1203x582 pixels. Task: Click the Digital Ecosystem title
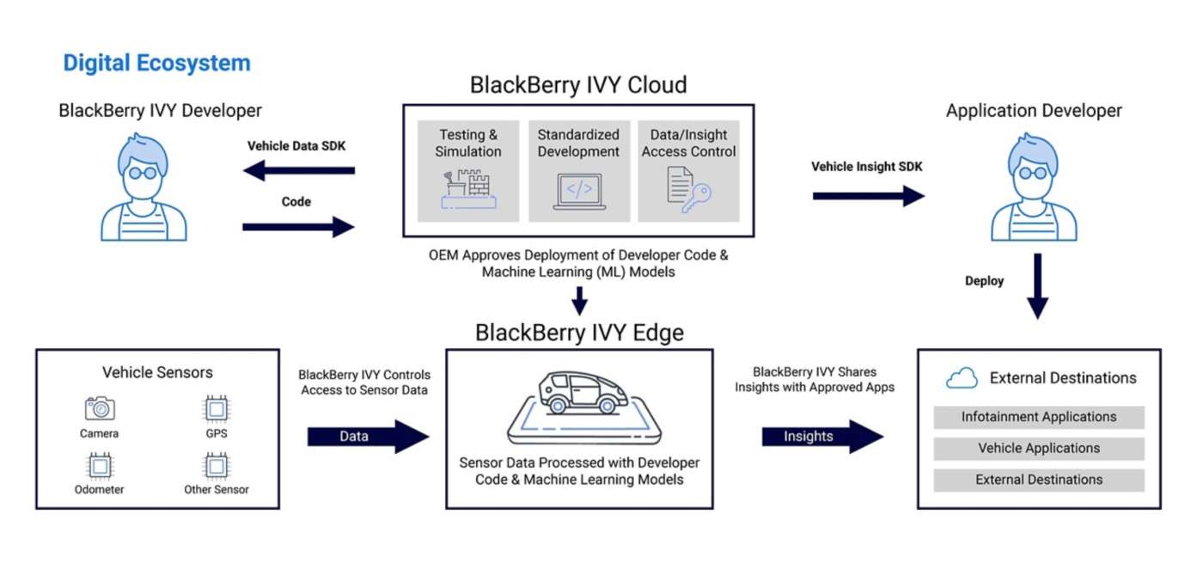pyautogui.click(x=156, y=63)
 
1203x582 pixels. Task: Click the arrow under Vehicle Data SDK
pyautogui.click(x=298, y=170)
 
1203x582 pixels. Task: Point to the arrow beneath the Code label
pyautogui.click(x=298, y=227)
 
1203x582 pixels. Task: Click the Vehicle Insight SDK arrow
pyautogui.click(x=868, y=196)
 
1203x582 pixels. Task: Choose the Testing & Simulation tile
pyautogui.click(x=468, y=171)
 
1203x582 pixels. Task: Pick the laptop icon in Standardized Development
pyautogui.click(x=579, y=192)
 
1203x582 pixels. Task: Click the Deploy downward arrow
pyautogui.click(x=1038, y=285)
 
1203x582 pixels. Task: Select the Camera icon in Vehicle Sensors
pyautogui.click(x=100, y=408)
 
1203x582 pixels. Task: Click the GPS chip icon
pyautogui.click(x=216, y=408)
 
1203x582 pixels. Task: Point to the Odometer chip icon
pyautogui.click(x=100, y=465)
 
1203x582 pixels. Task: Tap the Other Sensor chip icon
pyautogui.click(x=216, y=465)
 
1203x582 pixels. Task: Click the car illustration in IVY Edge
pyautogui.click(x=579, y=395)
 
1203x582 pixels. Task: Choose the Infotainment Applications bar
pyautogui.click(x=1039, y=417)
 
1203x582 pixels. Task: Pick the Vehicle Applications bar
pyautogui.click(x=1039, y=448)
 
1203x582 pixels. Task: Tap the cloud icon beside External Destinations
pyautogui.click(x=962, y=377)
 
